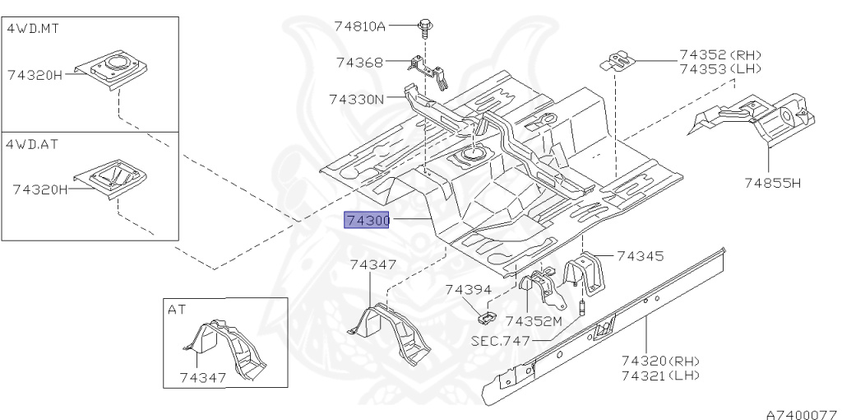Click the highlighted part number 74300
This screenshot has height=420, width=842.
tap(367, 221)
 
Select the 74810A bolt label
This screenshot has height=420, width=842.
tap(360, 26)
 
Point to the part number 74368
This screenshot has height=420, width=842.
tap(359, 62)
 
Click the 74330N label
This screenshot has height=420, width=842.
tap(357, 100)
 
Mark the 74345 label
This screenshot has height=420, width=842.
tap(640, 257)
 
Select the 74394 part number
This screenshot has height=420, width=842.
tap(468, 290)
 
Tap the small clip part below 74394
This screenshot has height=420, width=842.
tap(486, 315)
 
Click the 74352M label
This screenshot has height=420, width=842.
tap(533, 321)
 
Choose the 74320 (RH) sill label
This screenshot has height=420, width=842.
tap(659, 361)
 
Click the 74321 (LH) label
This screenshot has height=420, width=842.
tap(659, 376)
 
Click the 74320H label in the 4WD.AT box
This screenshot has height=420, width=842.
tap(39, 189)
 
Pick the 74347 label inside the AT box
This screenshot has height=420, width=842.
tap(202, 378)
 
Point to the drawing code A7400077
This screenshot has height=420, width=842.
tap(801, 409)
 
